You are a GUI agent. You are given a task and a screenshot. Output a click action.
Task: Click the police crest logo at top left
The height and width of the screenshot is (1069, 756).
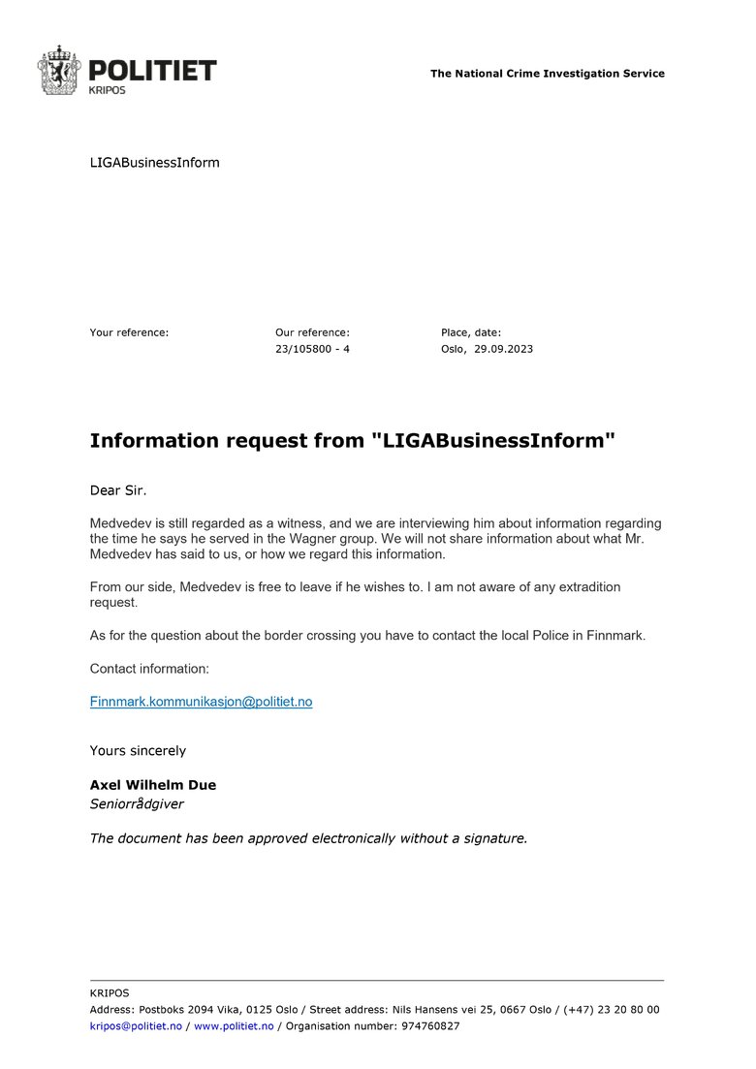[58, 70]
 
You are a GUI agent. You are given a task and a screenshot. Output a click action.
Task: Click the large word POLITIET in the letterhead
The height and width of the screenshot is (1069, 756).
[152, 70]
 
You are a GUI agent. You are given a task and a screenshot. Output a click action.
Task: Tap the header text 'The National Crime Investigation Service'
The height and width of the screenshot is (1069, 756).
[548, 74]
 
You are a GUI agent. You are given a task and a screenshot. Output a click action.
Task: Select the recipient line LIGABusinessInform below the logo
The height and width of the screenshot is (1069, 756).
[155, 163]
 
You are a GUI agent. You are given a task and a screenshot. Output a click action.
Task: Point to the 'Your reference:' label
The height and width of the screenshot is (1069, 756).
[129, 332]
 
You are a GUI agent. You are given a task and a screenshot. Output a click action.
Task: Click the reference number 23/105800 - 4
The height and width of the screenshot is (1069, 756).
[312, 349]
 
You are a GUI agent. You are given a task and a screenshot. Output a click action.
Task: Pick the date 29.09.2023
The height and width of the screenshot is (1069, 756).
[503, 349]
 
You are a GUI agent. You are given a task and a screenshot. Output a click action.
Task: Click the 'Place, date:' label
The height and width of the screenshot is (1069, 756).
[471, 332]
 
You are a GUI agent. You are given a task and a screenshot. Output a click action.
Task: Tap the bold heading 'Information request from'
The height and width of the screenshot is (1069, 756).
[228, 441]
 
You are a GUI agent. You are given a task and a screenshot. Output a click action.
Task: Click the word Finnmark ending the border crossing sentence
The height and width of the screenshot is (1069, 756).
[615, 636]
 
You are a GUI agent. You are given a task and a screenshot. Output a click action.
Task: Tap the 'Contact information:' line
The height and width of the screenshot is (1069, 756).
[149, 669]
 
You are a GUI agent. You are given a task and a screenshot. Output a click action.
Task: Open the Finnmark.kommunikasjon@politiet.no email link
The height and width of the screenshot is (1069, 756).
[201, 701]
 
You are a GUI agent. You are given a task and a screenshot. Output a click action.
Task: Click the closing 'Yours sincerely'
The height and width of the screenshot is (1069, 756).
[138, 751]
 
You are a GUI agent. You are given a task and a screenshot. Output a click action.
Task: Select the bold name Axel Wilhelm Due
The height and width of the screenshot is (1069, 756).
[153, 785]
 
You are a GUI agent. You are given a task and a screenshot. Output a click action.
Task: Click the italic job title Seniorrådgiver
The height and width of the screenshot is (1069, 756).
[137, 803]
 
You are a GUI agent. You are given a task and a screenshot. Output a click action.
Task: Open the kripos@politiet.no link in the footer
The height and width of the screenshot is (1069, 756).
[136, 1026]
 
